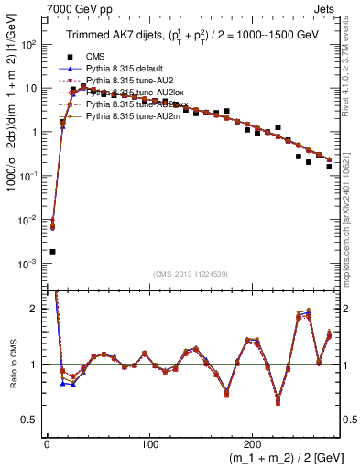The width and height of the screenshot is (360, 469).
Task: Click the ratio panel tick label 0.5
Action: click(32, 420)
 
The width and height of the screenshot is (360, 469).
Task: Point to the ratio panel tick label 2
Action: click(35, 309)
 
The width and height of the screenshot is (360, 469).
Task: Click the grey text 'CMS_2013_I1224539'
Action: click(191, 273)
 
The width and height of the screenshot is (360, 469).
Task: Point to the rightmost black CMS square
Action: click(329, 167)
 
